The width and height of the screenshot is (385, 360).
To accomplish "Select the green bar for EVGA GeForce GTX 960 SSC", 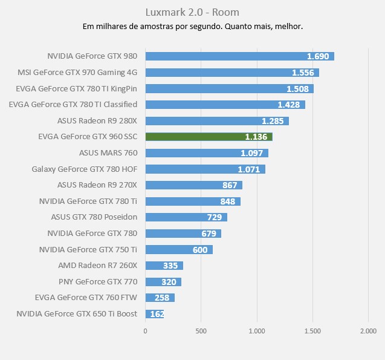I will tap(209, 137).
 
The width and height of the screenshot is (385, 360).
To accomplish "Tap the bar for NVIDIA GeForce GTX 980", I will tap(239, 56).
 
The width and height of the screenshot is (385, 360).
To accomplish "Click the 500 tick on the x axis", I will tap(201, 331).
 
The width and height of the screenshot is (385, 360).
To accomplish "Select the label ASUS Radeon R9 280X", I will tap(97, 120).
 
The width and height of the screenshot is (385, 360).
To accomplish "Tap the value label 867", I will tap(230, 185).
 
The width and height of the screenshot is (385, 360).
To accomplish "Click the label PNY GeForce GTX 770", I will tap(98, 281).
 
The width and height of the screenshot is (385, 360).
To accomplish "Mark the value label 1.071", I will tap(248, 169).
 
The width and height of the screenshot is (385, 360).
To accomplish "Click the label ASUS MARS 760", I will tap(108, 152).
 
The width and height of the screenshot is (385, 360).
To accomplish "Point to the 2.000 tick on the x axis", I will tap(367, 331).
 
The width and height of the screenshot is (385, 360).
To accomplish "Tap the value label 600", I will tap(200, 249).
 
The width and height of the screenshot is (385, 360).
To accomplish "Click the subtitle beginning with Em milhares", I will tap(192, 27).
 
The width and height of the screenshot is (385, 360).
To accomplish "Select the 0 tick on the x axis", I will tap(145, 331).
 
